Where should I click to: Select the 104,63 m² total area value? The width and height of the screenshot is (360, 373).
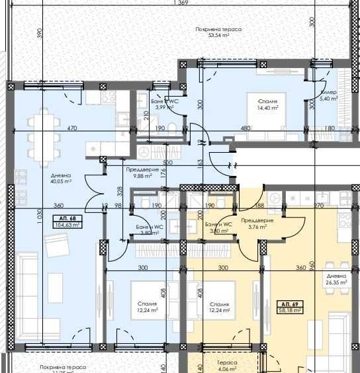(x=68, y=225)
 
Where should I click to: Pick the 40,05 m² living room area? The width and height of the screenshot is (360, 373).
(x=60, y=180)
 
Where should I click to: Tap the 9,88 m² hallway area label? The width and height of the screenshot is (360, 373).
(x=142, y=176)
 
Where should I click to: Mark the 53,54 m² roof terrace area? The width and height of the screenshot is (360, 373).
(x=218, y=36)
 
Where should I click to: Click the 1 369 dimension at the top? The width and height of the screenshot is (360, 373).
(x=180, y=4)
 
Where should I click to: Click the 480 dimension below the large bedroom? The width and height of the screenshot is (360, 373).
(x=245, y=128)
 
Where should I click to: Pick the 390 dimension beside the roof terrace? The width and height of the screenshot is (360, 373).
(x=39, y=32)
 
